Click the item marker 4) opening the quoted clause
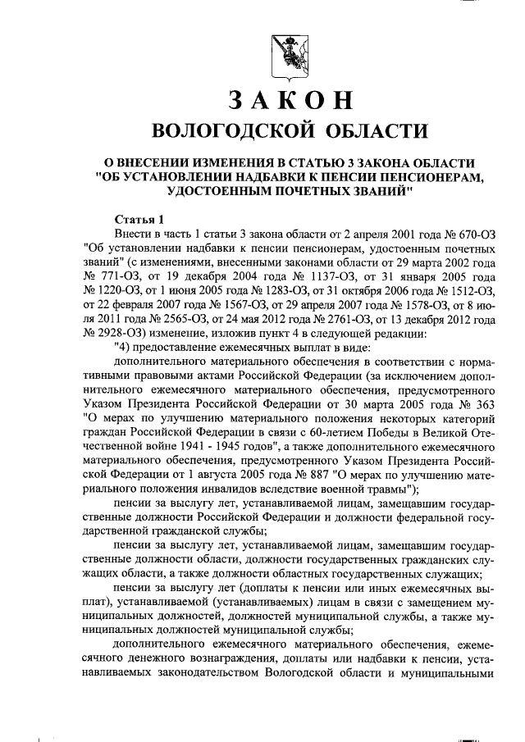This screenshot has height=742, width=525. [121, 345]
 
